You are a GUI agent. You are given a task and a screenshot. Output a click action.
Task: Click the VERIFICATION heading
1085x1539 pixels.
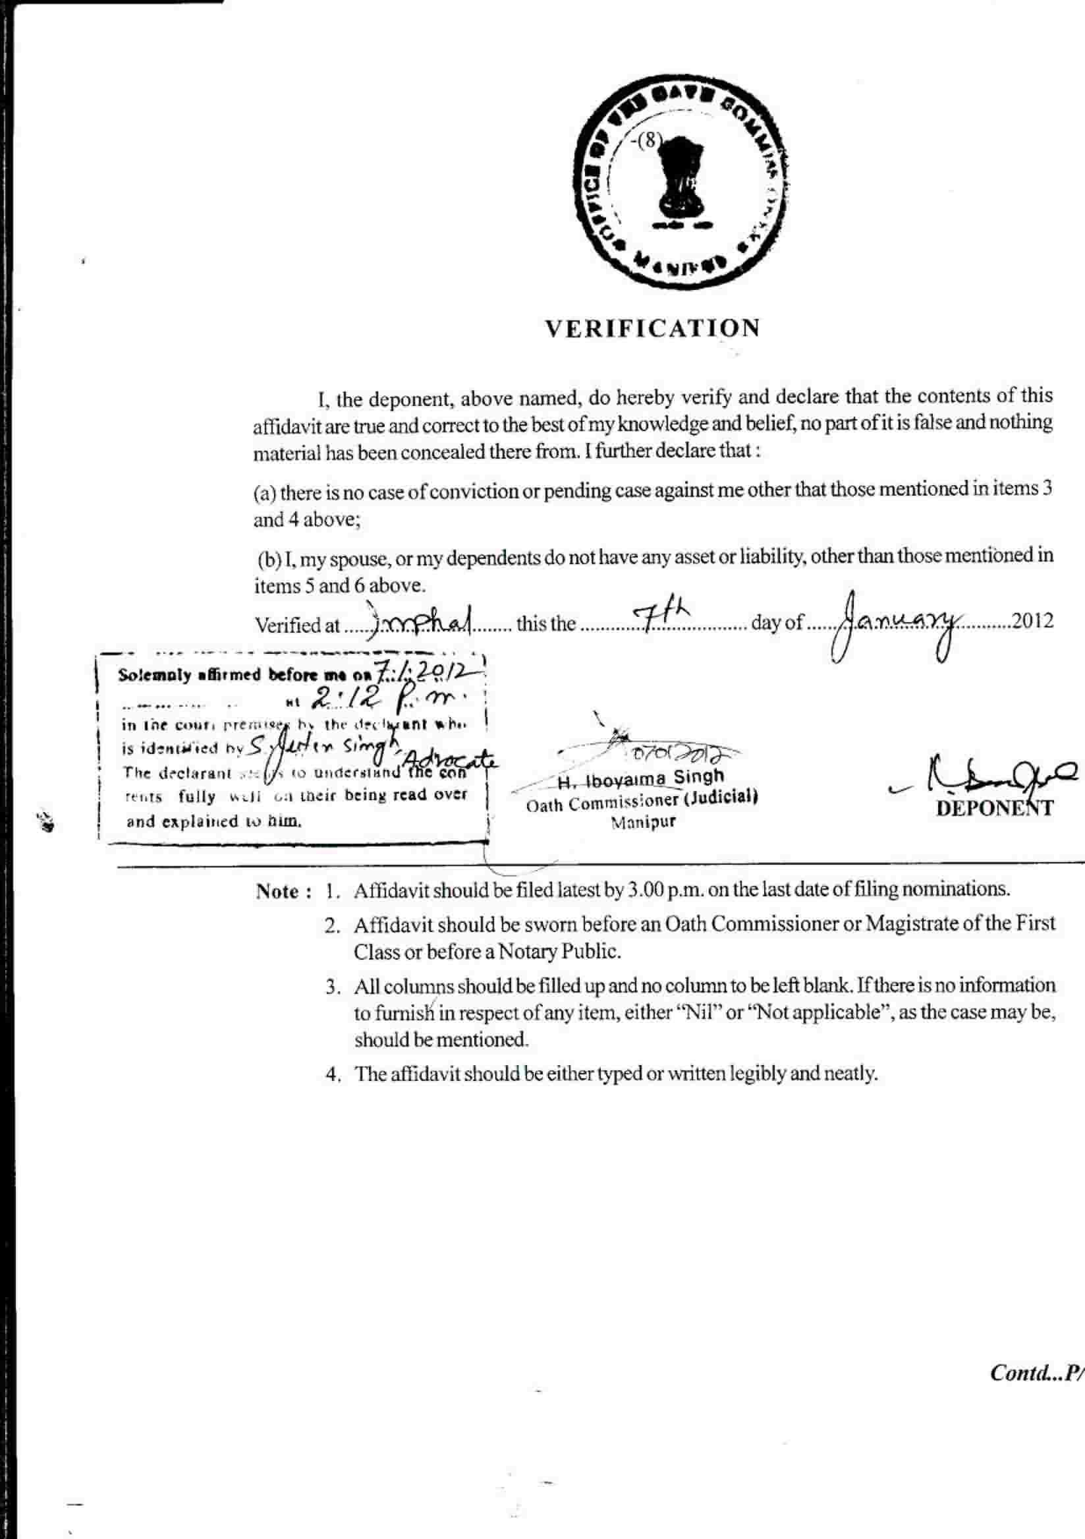(652, 328)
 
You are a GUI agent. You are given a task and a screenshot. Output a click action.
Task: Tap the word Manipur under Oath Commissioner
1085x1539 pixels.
(644, 822)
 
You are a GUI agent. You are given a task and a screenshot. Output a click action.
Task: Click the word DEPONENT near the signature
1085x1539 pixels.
(995, 809)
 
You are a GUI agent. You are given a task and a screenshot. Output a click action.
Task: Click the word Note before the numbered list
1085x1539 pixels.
(277, 892)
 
